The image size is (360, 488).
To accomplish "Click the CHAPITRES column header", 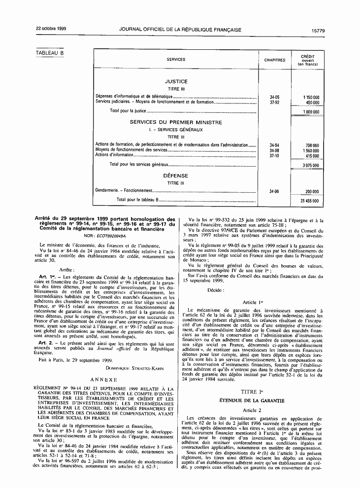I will [274, 60].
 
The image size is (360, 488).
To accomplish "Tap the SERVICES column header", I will [176, 60].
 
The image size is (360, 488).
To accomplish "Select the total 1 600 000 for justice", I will [311, 112].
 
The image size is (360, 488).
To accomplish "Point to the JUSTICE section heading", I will [176, 81].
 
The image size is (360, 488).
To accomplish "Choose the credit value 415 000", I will [312, 155].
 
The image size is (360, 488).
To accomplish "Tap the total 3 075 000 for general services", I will [311, 165].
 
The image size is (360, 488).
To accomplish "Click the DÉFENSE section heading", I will [176, 175].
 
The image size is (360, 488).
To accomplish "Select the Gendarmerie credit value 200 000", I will [312, 191].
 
